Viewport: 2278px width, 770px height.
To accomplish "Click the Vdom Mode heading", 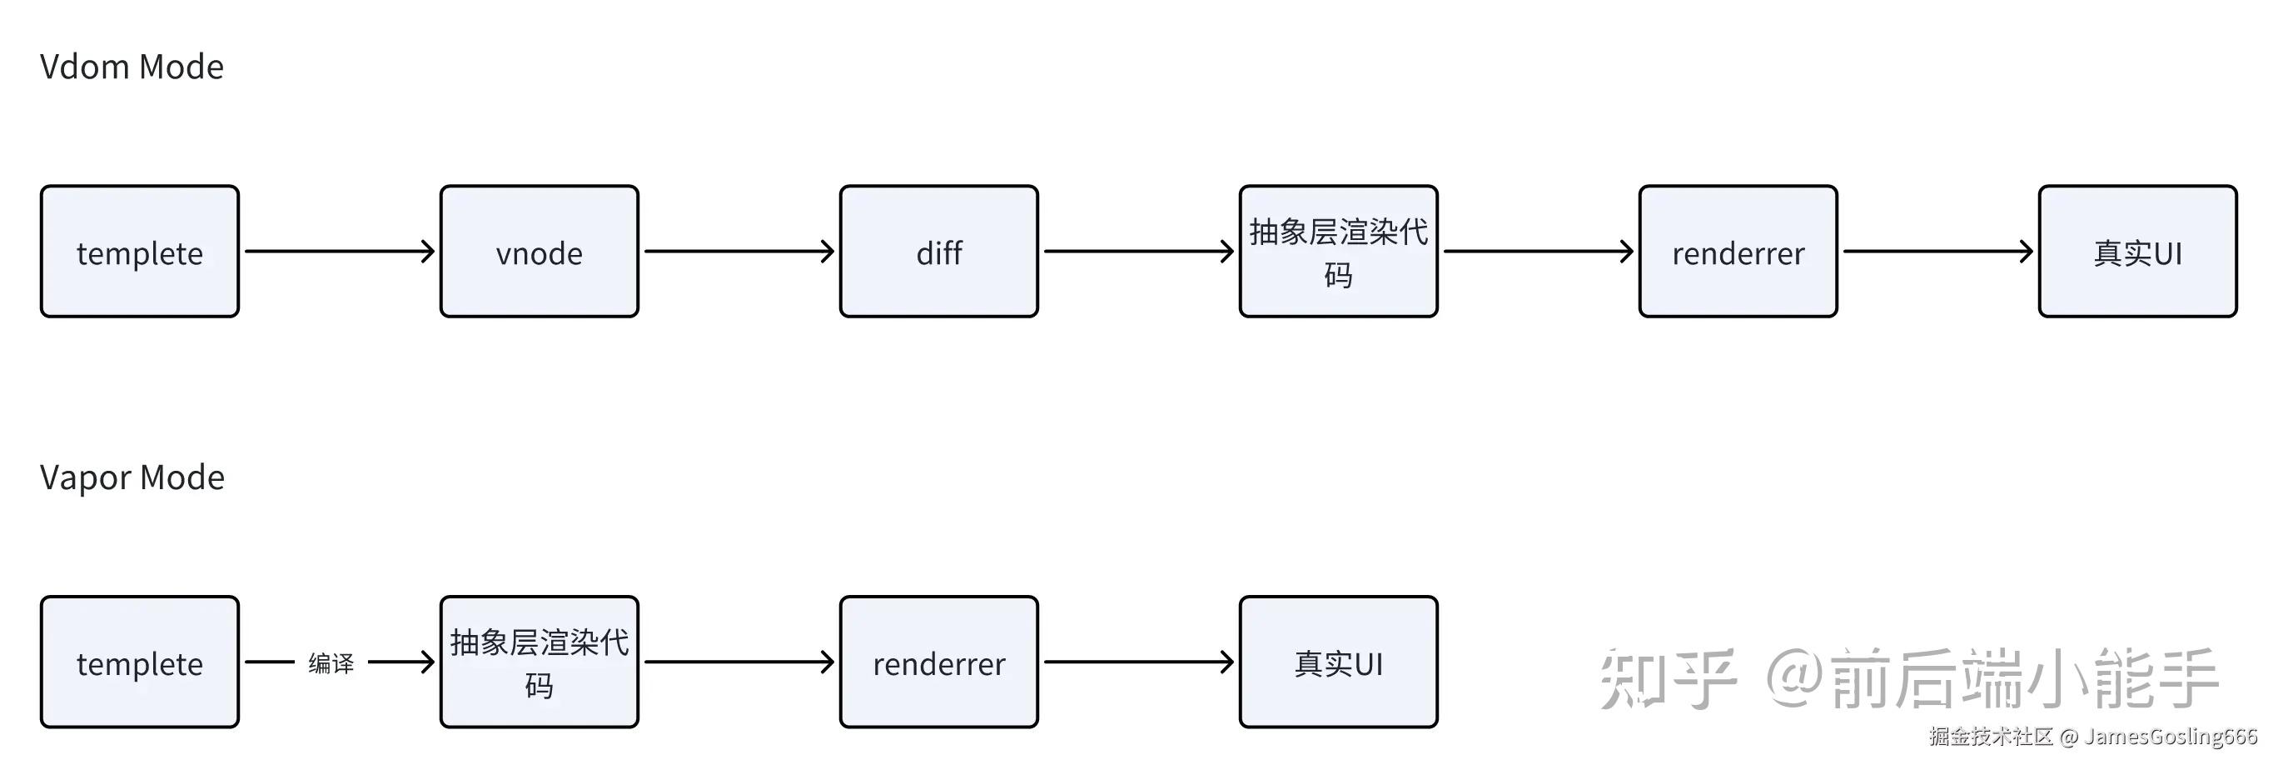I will point(132,67).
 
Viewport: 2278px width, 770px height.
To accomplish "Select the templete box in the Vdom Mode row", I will point(140,252).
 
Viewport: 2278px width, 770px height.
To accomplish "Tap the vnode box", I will point(540,252).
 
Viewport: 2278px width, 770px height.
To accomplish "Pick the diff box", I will point(938,252).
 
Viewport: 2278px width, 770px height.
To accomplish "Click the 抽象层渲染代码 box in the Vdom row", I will point(1338,252).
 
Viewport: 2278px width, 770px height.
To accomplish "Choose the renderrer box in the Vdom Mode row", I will point(1738,252).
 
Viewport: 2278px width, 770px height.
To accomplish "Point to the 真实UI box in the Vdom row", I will point(2137,252).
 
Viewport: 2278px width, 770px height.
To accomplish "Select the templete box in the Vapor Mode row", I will point(140,662).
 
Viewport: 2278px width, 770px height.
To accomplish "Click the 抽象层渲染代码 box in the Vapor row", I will point(540,662).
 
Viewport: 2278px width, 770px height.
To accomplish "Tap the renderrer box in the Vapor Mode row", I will point(938,662).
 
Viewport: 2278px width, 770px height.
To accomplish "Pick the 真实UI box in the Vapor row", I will point(1338,662).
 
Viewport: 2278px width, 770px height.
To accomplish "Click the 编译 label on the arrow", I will point(331,662).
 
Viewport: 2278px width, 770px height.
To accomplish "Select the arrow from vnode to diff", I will point(739,252).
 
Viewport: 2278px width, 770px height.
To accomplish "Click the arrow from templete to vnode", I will point(339,252).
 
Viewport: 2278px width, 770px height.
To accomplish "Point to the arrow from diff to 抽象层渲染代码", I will point(1138,252).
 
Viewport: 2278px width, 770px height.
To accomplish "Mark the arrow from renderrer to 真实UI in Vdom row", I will point(1937,252).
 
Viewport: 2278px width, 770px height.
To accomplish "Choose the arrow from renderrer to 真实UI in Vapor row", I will point(1138,662).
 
